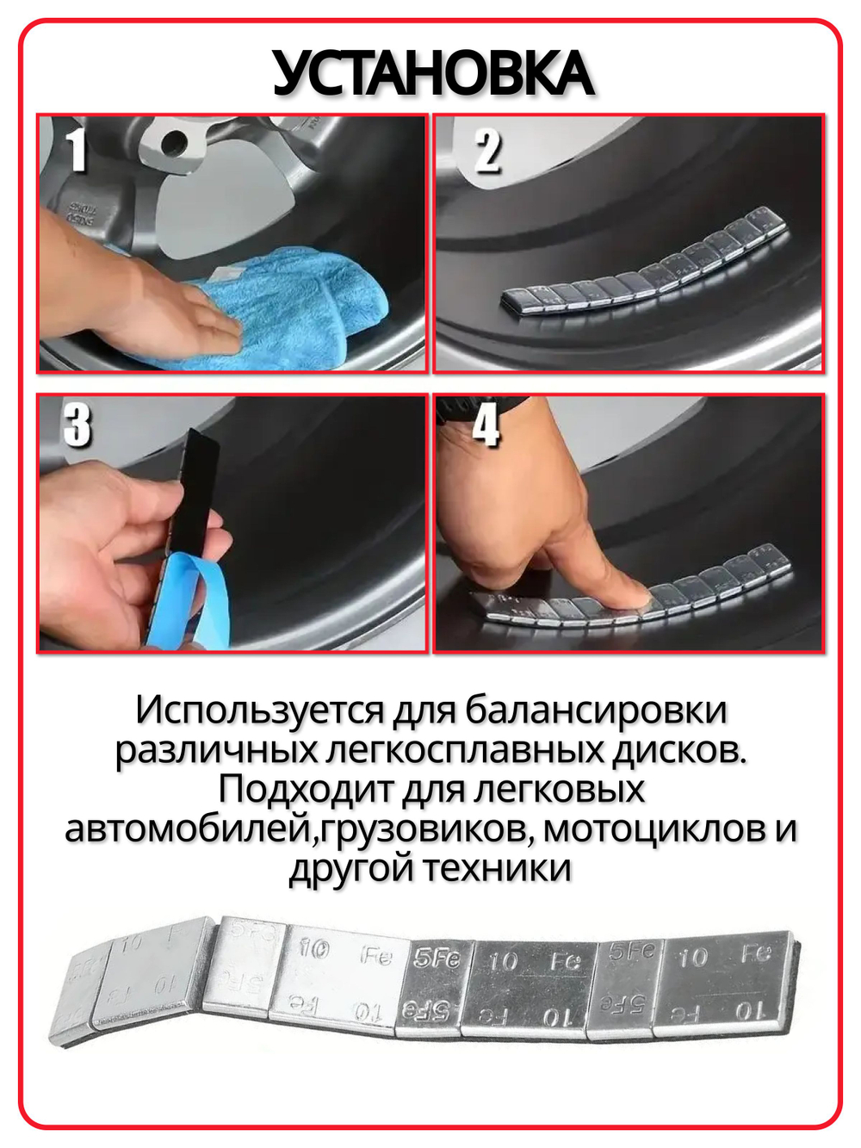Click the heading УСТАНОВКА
432,74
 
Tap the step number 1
77,150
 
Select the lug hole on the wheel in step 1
175,140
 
